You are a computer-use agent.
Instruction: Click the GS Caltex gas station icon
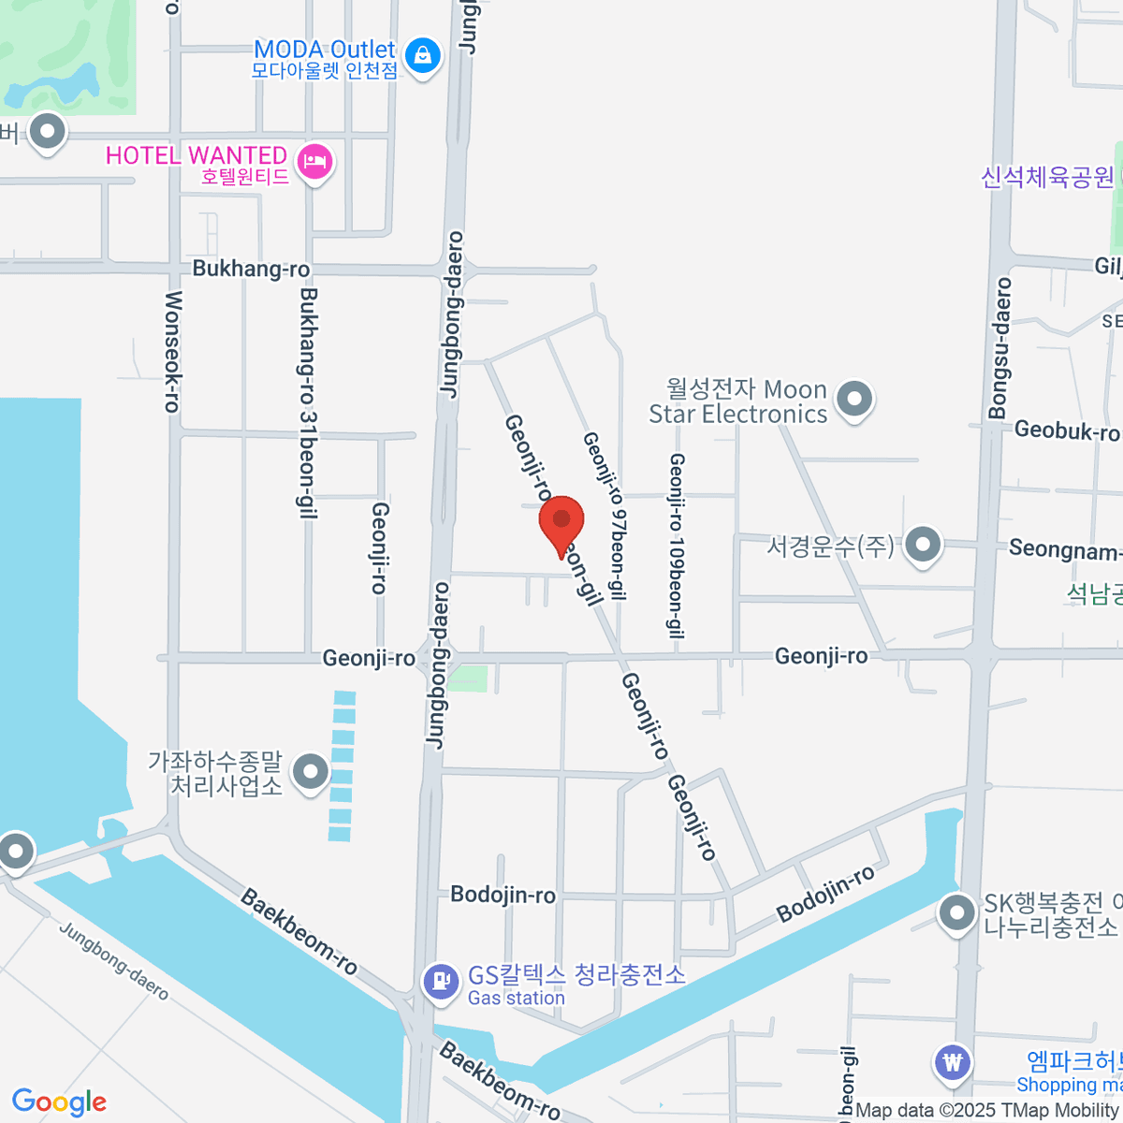coord(438,982)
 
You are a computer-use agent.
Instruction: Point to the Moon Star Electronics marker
coord(853,400)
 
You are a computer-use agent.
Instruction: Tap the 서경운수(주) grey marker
coord(924,544)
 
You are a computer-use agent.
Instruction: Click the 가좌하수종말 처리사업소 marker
coord(311,773)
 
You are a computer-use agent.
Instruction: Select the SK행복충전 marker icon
coord(956,913)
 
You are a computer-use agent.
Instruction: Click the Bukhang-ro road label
coord(251,269)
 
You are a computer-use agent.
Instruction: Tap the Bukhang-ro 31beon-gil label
coord(307,402)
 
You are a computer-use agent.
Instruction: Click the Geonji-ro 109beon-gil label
coord(676,546)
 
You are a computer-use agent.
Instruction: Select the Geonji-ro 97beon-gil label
coord(605,515)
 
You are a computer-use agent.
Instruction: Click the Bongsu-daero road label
coord(1000,347)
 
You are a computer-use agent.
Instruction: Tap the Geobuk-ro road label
coord(1066,430)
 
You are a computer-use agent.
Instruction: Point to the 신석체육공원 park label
coord(1047,177)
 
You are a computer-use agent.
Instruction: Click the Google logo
coord(59,1101)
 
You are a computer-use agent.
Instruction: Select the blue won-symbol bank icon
coord(953,1063)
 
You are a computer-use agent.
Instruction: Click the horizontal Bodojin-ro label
coord(503,895)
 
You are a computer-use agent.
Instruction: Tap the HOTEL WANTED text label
coord(196,155)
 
